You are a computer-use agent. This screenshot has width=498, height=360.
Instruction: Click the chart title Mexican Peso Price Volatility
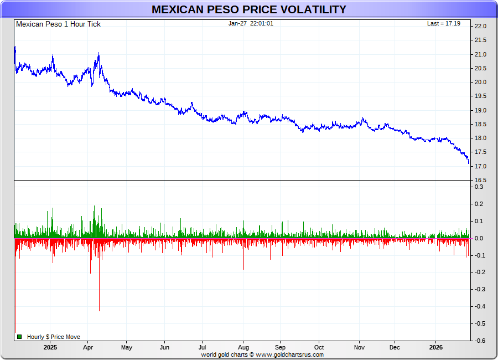point(249,9)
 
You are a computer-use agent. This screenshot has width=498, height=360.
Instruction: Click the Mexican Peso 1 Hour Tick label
point(58,24)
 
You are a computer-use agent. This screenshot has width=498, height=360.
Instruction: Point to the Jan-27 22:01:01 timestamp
point(251,24)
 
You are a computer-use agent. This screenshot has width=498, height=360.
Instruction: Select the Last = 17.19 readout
point(443,24)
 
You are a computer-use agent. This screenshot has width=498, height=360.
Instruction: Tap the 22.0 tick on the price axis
point(480,27)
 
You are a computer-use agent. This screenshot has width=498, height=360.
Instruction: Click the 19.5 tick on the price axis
point(480,96)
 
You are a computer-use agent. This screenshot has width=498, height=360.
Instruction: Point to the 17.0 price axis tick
point(480,167)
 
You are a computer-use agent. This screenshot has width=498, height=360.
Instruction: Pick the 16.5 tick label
point(480,181)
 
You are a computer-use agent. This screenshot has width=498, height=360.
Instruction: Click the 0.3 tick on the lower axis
point(479,187)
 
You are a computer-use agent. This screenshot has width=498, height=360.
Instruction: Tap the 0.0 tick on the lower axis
point(479,238)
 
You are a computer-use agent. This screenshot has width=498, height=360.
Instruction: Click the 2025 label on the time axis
point(50,348)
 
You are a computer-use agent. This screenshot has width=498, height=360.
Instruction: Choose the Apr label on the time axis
point(88,348)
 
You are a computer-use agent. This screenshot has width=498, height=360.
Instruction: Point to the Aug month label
point(243,348)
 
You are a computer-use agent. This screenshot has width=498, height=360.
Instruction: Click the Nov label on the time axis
point(360,348)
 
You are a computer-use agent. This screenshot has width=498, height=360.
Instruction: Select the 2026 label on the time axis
point(435,348)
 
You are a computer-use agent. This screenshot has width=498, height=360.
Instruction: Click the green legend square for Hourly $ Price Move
point(19,337)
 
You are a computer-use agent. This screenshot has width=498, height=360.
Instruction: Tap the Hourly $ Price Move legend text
point(54,337)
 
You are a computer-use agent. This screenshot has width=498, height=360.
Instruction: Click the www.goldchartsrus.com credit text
point(289,354)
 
